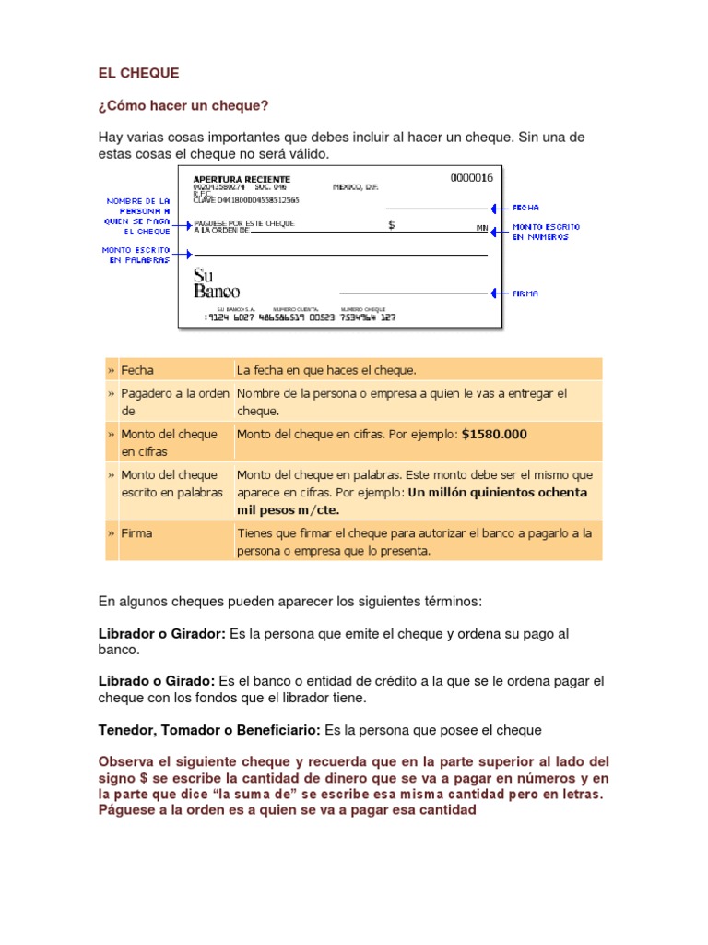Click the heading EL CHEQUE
[x=139, y=73]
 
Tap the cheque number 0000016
[x=471, y=178]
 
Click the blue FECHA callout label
[x=526, y=208]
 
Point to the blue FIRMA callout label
[x=525, y=293]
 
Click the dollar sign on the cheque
[x=392, y=224]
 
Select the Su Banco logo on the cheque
[x=217, y=283]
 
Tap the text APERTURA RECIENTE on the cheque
[x=242, y=179]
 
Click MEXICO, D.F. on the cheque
[x=355, y=187]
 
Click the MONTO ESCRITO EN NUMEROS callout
[x=547, y=232]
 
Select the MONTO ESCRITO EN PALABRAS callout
[x=136, y=255]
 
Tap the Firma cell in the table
[x=137, y=533]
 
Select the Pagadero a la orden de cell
[x=174, y=402]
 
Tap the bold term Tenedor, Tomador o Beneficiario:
[x=209, y=730]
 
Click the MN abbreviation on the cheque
[x=481, y=227]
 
